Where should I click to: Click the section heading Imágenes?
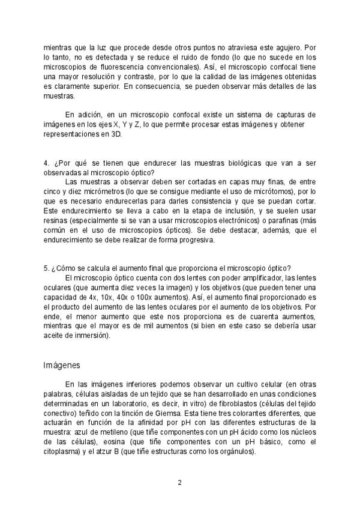tap(62, 365)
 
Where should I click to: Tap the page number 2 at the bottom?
tap(179, 481)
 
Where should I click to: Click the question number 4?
tap(46, 163)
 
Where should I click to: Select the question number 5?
tap(46, 268)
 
